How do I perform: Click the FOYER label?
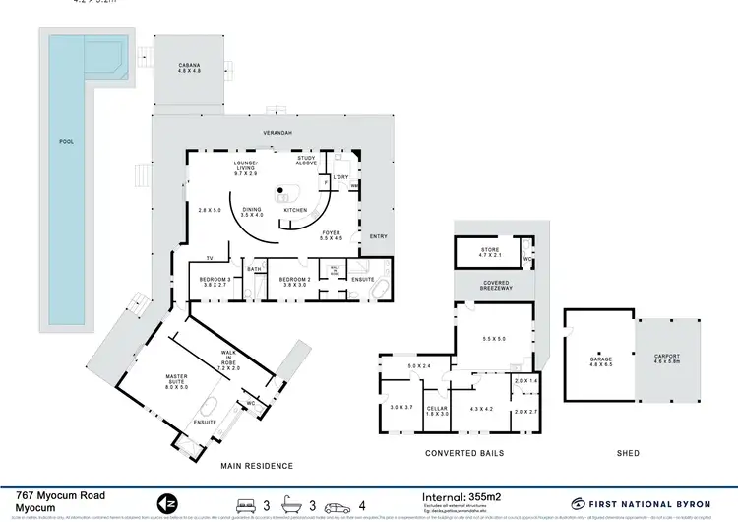[332, 234]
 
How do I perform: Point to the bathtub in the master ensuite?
[211, 409]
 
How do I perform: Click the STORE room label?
[489, 251]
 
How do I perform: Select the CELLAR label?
[437, 410]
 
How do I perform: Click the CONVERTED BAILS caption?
[463, 453]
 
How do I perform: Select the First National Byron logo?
[640, 503]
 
